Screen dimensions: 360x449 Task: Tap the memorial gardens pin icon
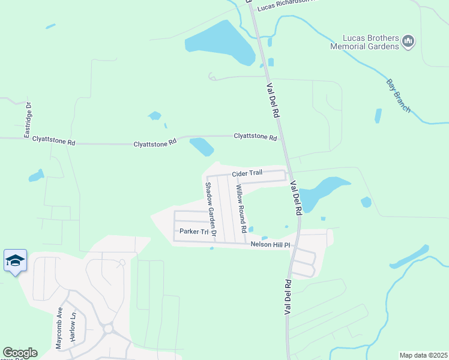click(x=408, y=41)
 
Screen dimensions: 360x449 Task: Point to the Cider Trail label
click(x=247, y=173)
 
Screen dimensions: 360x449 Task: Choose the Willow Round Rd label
click(x=240, y=208)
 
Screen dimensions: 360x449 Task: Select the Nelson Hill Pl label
click(x=270, y=245)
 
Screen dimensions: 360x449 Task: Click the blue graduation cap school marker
click(x=15, y=260)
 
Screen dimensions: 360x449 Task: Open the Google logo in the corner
click(x=20, y=353)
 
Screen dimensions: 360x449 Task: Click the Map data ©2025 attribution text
click(x=424, y=355)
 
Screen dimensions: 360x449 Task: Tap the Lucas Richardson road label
click(x=285, y=6)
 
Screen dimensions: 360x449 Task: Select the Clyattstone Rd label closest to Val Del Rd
click(x=255, y=137)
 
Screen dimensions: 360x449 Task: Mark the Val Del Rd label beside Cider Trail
click(x=295, y=199)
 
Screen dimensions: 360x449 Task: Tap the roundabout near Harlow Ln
click(x=109, y=329)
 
